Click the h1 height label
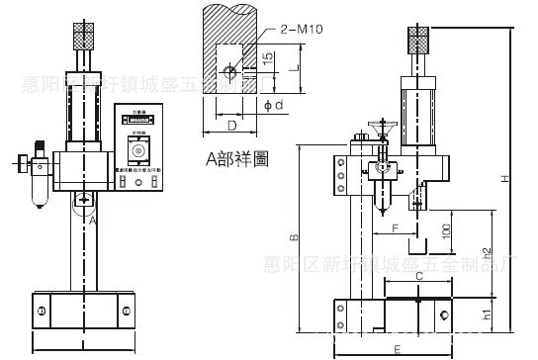coord(486,316)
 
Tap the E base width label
coord(397,349)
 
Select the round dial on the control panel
coord(137,151)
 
